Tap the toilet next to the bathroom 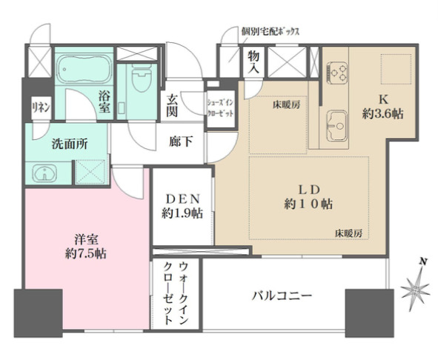[139, 80]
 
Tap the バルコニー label [281, 296]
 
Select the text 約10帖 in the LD [308, 204]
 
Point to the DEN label [181, 198]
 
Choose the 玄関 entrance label [172, 107]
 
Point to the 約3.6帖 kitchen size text [382, 115]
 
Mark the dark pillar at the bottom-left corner [32, 310]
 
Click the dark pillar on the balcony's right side [368, 309]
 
